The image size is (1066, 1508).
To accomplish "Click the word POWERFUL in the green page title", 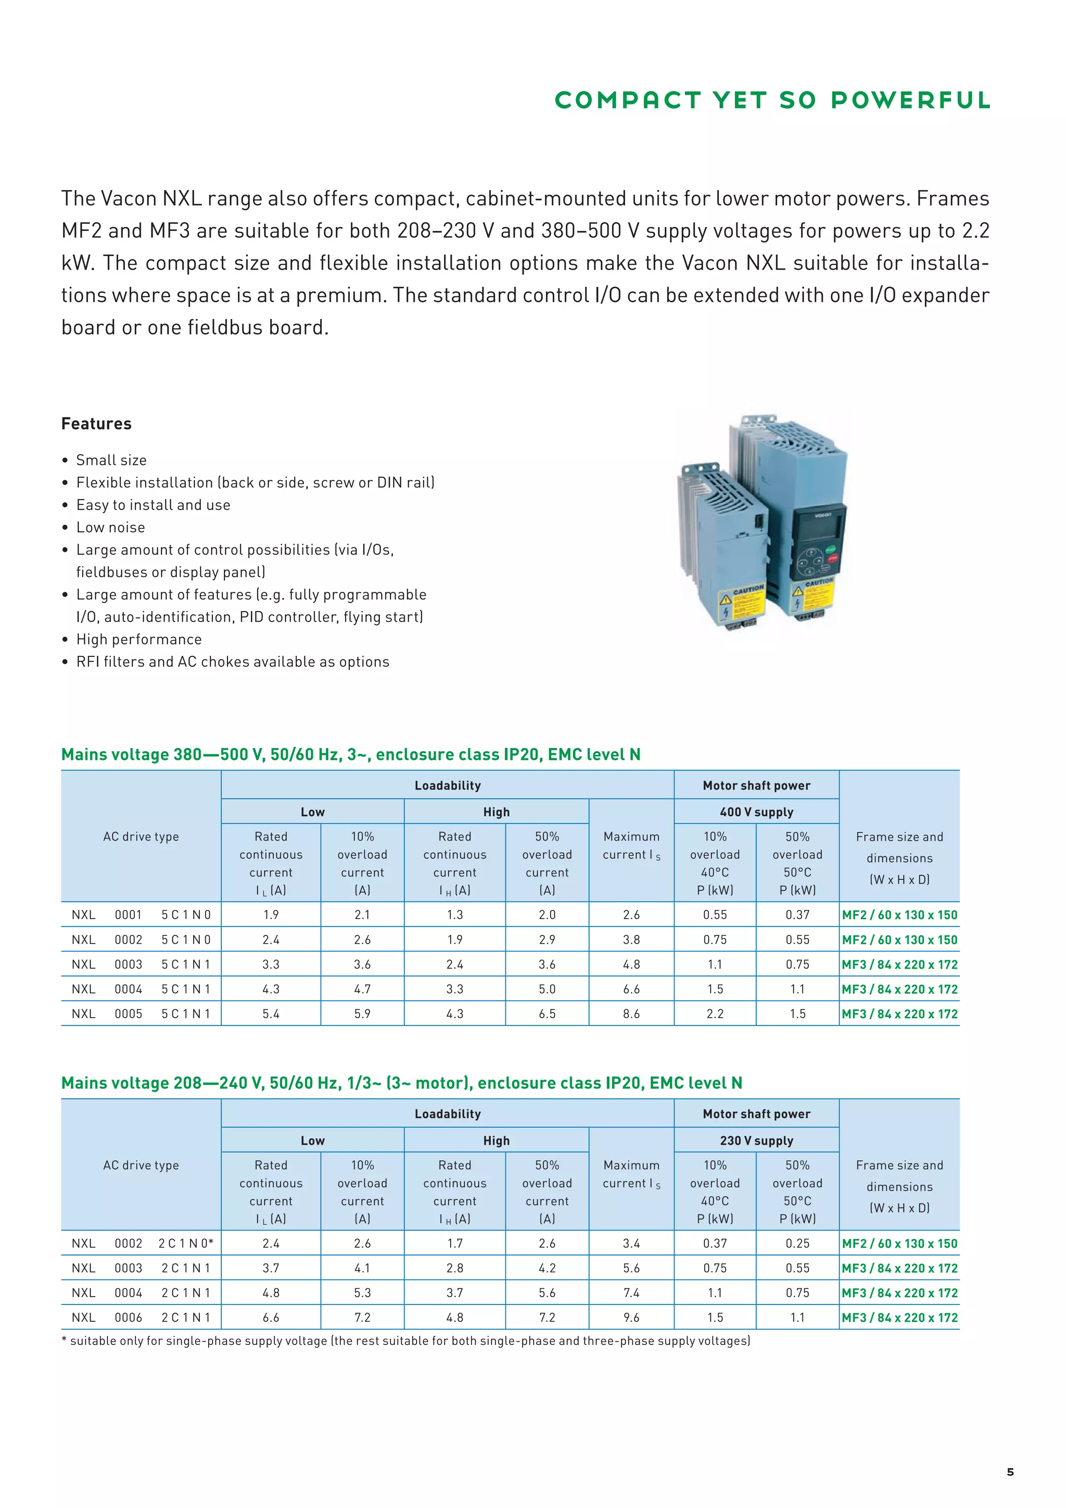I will [x=910, y=100].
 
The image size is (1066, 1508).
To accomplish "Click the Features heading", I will [x=96, y=424].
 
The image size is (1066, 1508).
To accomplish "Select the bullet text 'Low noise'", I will [x=110, y=527].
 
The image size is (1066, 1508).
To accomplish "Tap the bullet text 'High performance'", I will [x=138, y=639].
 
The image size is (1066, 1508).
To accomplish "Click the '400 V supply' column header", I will [x=756, y=812].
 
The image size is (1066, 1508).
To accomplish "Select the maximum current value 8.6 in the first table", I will [x=631, y=1013].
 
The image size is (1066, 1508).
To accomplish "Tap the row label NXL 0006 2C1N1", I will [x=141, y=1317].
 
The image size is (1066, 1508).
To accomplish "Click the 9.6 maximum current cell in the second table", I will [x=631, y=1317].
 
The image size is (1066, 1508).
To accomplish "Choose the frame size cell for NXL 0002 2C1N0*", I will [x=899, y=1244].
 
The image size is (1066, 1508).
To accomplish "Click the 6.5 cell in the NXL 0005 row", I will [x=547, y=1013].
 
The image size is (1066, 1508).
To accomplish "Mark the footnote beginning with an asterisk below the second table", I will [x=405, y=1340].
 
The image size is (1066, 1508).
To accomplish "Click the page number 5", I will [x=1010, y=1472].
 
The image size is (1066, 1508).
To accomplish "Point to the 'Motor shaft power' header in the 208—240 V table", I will [x=756, y=1114].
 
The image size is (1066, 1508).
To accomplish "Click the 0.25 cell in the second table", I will [x=797, y=1244].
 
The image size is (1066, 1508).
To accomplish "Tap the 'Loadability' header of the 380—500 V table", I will [x=447, y=785].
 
